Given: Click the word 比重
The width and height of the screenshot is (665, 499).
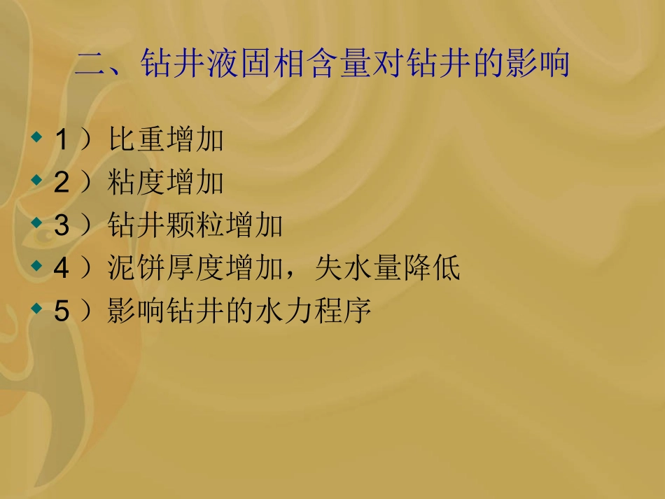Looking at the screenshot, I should click(136, 141).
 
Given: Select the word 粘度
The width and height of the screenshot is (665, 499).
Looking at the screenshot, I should click(136, 183).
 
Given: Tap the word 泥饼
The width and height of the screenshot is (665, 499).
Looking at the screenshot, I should click(136, 269).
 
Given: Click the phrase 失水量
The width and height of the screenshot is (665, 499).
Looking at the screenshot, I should click(358, 269).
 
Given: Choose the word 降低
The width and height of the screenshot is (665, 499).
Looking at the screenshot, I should click(430, 269).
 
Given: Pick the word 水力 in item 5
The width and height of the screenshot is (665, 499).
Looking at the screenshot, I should click(283, 311).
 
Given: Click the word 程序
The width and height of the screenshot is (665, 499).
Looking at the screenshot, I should click(342, 311).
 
